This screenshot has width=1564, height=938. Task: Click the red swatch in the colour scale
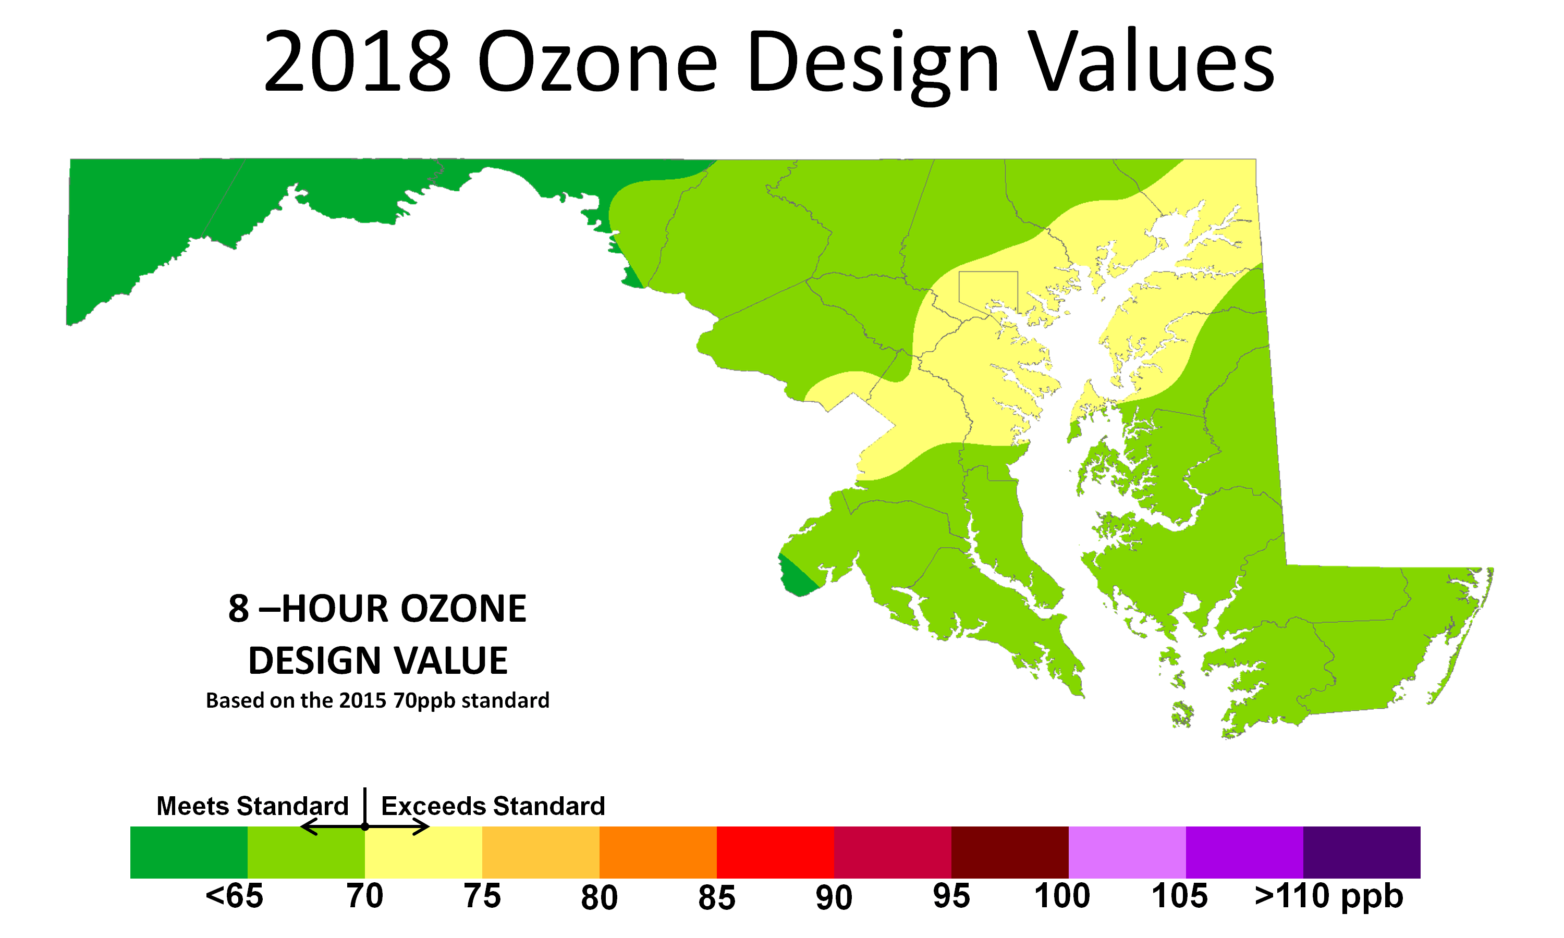pos(775,851)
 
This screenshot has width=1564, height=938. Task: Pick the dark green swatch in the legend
pos(188,851)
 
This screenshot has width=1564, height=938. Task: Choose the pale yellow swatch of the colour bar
pos(423,851)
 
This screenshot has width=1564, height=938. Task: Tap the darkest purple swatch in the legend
pos(1361,851)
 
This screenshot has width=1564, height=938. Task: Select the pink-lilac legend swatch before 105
pos(1127,851)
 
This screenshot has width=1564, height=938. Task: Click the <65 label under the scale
pos(234,896)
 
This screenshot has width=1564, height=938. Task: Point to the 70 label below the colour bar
pos(365,896)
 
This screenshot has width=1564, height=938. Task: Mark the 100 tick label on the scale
pos(1062,896)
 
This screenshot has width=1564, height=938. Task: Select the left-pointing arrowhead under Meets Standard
pos(306,827)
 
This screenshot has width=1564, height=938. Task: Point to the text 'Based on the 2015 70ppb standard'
pos(377,700)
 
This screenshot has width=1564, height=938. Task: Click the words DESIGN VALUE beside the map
pos(377,661)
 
